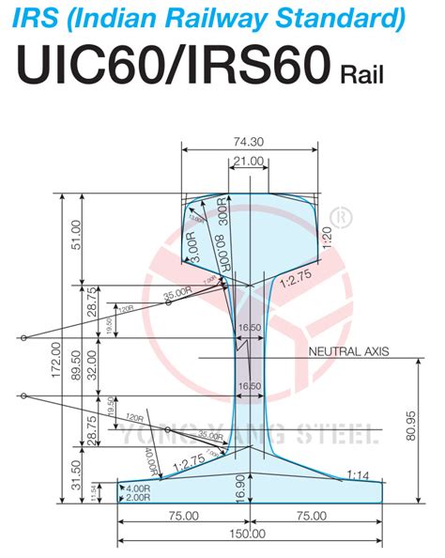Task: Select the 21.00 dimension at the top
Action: coord(248,162)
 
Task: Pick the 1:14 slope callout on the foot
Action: coord(357,473)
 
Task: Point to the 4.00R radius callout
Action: coord(140,488)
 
